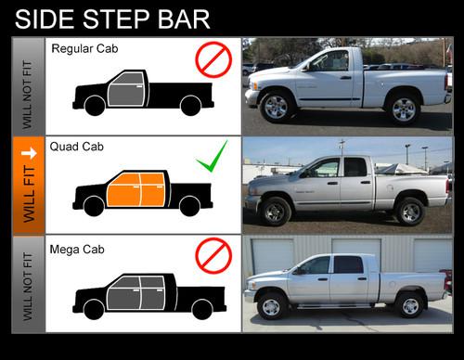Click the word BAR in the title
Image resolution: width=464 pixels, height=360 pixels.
(x=184, y=19)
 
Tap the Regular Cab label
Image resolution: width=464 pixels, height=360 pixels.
(x=84, y=49)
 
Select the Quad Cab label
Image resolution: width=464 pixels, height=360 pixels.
(x=77, y=147)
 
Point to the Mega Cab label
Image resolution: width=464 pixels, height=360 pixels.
(x=77, y=250)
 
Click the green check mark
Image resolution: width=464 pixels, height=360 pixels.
(x=213, y=156)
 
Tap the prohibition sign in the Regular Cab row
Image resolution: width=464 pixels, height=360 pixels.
(x=213, y=59)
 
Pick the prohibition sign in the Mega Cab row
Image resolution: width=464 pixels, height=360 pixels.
(x=213, y=255)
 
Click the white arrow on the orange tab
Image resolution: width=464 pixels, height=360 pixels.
(x=29, y=153)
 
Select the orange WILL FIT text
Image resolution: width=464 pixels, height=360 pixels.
(x=29, y=194)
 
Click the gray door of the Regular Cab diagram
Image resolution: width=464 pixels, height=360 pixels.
(x=126, y=89)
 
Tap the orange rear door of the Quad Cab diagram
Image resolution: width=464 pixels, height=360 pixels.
(x=152, y=189)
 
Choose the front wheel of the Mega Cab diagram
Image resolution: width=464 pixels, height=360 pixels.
(x=94, y=309)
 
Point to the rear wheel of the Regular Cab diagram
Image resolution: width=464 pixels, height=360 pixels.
(x=190, y=106)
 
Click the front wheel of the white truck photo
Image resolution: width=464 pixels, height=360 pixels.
(x=277, y=107)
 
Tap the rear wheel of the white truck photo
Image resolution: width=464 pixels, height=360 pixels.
(x=404, y=109)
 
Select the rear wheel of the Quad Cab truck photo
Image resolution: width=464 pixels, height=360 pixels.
(x=410, y=212)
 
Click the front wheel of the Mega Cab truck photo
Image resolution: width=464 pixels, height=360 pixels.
(x=271, y=306)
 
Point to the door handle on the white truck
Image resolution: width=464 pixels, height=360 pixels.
(x=346, y=77)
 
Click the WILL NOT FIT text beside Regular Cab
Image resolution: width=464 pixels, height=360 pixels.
(x=27, y=95)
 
